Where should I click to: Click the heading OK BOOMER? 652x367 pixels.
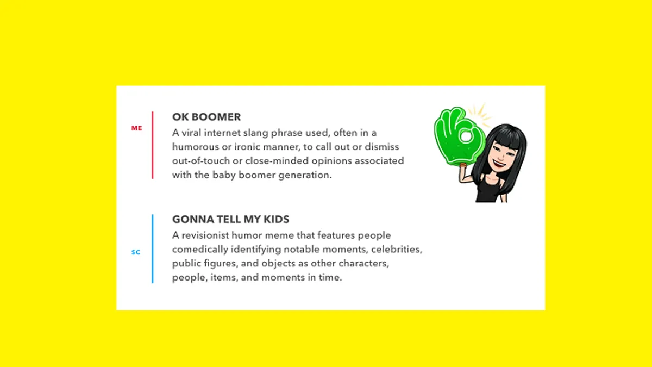coord(206,117)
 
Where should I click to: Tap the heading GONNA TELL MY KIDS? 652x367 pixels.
coord(230,219)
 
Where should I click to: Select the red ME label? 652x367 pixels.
coord(136,128)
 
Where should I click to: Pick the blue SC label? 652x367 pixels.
coord(136,252)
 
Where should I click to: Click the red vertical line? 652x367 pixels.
coord(153,145)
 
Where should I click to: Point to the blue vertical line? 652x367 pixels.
coord(153,249)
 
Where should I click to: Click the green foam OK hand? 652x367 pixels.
coord(459,136)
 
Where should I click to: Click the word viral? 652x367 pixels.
coord(191,133)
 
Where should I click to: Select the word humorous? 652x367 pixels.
coord(195,147)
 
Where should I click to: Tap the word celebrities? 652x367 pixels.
coord(397,250)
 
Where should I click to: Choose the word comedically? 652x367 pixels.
coord(200,250)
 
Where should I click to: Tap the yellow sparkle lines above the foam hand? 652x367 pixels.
coord(479,115)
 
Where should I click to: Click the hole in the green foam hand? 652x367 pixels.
coord(466,136)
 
